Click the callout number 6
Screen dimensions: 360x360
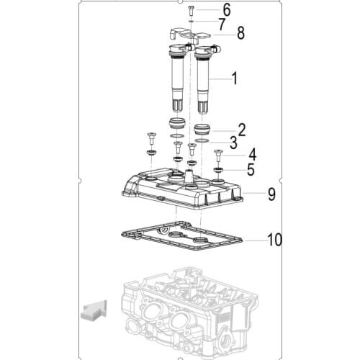(227, 10)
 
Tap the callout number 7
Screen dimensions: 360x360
(222, 24)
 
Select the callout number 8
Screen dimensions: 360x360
(240, 33)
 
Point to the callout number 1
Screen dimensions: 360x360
(235, 78)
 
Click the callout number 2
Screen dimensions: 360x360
(242, 130)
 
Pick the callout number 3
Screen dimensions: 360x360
(233, 143)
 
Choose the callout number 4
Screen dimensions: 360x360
(252, 155)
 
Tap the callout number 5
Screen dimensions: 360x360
(251, 170)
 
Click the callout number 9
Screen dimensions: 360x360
(271, 194)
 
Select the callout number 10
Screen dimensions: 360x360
(274, 240)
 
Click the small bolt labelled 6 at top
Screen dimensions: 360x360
(192, 11)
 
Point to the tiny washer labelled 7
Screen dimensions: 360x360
(192, 21)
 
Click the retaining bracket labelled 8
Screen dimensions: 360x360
(189, 35)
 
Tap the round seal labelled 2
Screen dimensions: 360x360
(202, 130)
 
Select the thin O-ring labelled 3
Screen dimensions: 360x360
(202, 140)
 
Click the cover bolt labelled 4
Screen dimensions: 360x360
(218, 156)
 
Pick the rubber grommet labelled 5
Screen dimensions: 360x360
(218, 170)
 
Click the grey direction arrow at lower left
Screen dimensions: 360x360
(94, 310)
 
